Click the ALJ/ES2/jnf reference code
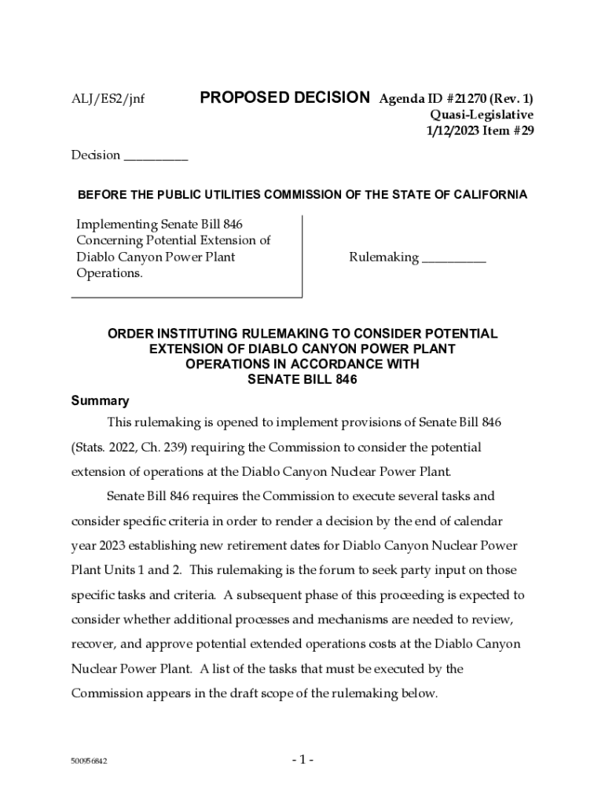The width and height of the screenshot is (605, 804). coord(108,100)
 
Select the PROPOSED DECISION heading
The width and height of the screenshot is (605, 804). coord(284,98)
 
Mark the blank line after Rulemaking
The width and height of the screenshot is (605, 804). coord(453,258)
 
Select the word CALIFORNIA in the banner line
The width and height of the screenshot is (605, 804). coord(488,195)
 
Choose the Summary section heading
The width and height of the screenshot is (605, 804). coord(100,401)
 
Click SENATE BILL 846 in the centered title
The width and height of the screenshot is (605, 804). coord(302,380)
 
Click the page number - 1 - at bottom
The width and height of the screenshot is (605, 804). coord(302,760)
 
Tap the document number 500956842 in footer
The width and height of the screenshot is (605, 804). coord(89,762)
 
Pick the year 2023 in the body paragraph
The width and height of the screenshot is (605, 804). coord(112,546)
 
